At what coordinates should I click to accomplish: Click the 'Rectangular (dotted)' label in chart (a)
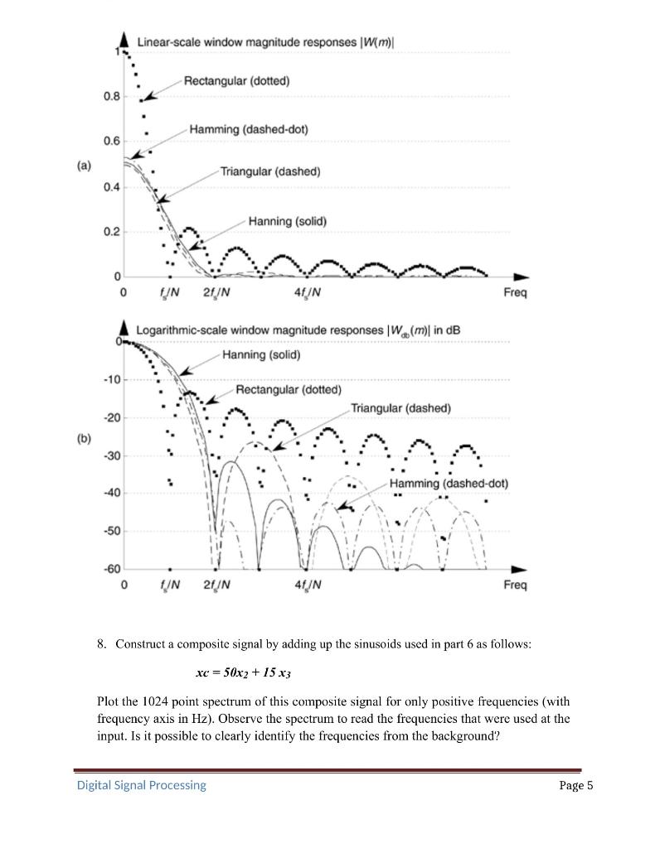click(236, 80)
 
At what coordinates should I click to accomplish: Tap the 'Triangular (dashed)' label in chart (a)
click(270, 171)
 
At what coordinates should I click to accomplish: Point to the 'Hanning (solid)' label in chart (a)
click(287, 221)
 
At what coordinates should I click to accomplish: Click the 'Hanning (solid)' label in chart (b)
click(261, 354)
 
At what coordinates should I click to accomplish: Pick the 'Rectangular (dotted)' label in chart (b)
click(289, 389)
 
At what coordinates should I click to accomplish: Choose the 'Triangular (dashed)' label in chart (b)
click(400, 408)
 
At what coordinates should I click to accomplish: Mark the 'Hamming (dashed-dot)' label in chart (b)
click(448, 483)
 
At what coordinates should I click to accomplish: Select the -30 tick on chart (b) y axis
click(112, 455)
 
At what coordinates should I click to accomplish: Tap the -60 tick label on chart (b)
click(112, 569)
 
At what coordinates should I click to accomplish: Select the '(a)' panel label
click(84, 165)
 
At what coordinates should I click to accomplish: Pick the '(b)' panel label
click(84, 437)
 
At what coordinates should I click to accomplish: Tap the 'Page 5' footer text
click(577, 785)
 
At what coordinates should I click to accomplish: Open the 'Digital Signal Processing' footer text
click(142, 785)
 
